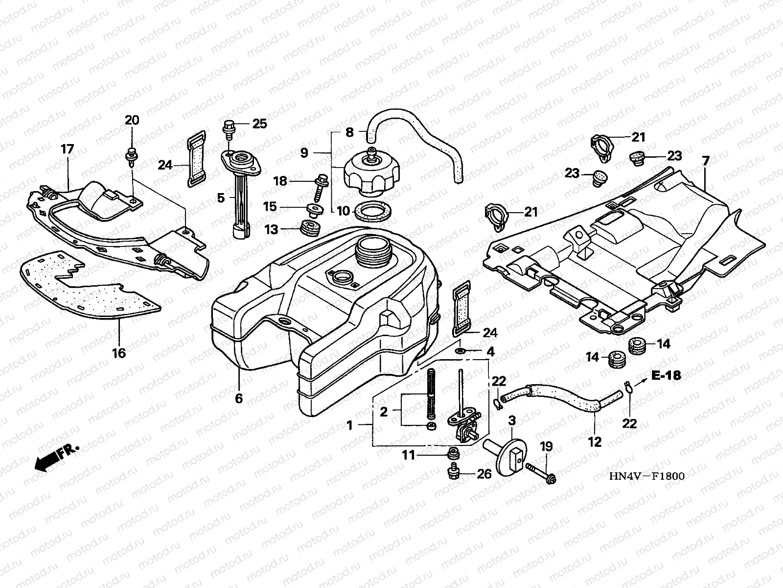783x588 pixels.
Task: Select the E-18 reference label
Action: [666, 376]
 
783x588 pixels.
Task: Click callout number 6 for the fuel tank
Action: [239, 398]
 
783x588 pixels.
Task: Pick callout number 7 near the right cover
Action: [705, 161]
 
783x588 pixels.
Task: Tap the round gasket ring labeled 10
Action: [372, 211]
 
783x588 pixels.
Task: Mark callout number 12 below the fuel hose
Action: [594, 442]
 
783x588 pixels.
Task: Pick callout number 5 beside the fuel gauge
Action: [221, 198]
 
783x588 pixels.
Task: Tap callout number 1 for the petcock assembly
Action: [349, 425]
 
